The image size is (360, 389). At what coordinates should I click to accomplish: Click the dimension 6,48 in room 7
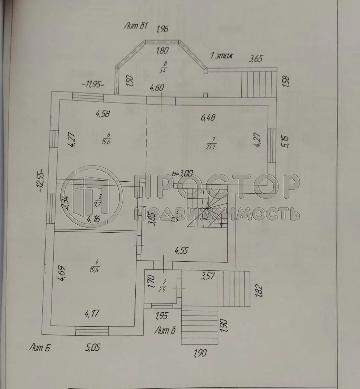click(x=208, y=117)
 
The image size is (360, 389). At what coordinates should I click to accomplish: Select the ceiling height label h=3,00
click(x=182, y=173)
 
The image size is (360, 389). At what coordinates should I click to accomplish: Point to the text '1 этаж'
click(x=222, y=56)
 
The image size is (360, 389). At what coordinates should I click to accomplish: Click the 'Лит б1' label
click(x=136, y=26)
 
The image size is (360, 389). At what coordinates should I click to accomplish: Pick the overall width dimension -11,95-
click(x=92, y=84)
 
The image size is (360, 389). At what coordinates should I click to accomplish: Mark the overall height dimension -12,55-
click(x=41, y=181)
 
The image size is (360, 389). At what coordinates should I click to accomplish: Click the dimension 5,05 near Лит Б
click(x=92, y=348)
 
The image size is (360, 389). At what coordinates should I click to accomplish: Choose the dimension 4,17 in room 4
click(x=92, y=314)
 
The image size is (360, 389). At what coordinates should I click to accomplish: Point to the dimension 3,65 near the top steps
click(x=255, y=59)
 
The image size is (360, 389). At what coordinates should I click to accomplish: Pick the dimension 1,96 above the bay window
click(x=162, y=29)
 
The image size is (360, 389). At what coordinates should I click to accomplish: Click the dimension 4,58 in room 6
click(x=103, y=114)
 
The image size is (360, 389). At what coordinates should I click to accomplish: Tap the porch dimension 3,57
click(x=207, y=276)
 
